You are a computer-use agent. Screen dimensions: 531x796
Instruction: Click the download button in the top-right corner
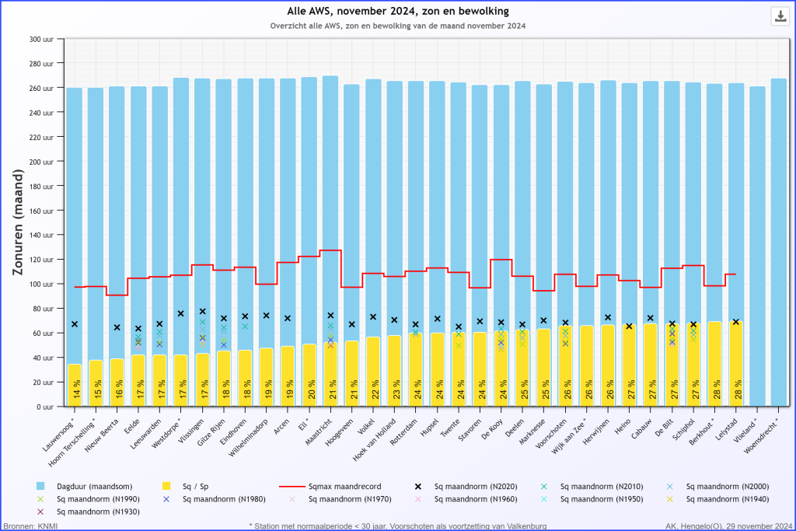pos(780,16)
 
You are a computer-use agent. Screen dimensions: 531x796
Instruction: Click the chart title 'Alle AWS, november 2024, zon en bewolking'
pos(397,11)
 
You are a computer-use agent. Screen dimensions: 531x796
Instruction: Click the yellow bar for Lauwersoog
pos(75,385)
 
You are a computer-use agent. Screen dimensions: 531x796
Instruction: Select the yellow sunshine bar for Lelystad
pos(735,365)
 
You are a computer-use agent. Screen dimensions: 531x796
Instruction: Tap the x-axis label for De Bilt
pos(665,426)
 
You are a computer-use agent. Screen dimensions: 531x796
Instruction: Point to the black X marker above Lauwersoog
pos(75,324)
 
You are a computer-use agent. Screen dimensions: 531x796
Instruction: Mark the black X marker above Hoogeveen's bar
pos(351,324)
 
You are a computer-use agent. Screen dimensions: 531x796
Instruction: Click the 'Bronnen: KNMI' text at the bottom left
pos(30,526)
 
